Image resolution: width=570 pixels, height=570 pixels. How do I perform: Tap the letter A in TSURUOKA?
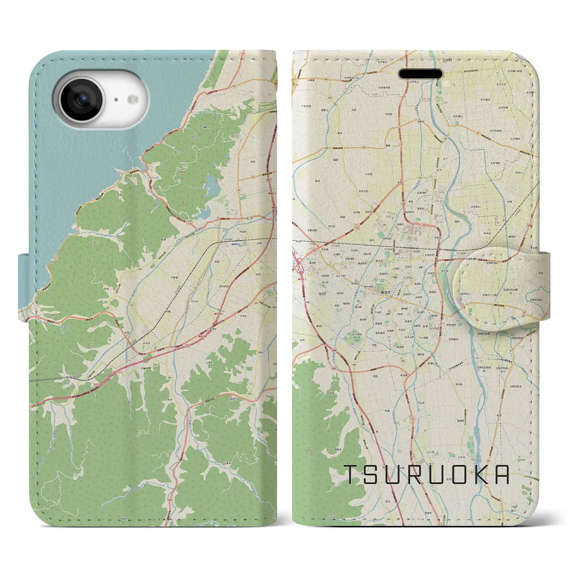point(502,475)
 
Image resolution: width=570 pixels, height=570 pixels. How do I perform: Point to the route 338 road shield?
point(249,394)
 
